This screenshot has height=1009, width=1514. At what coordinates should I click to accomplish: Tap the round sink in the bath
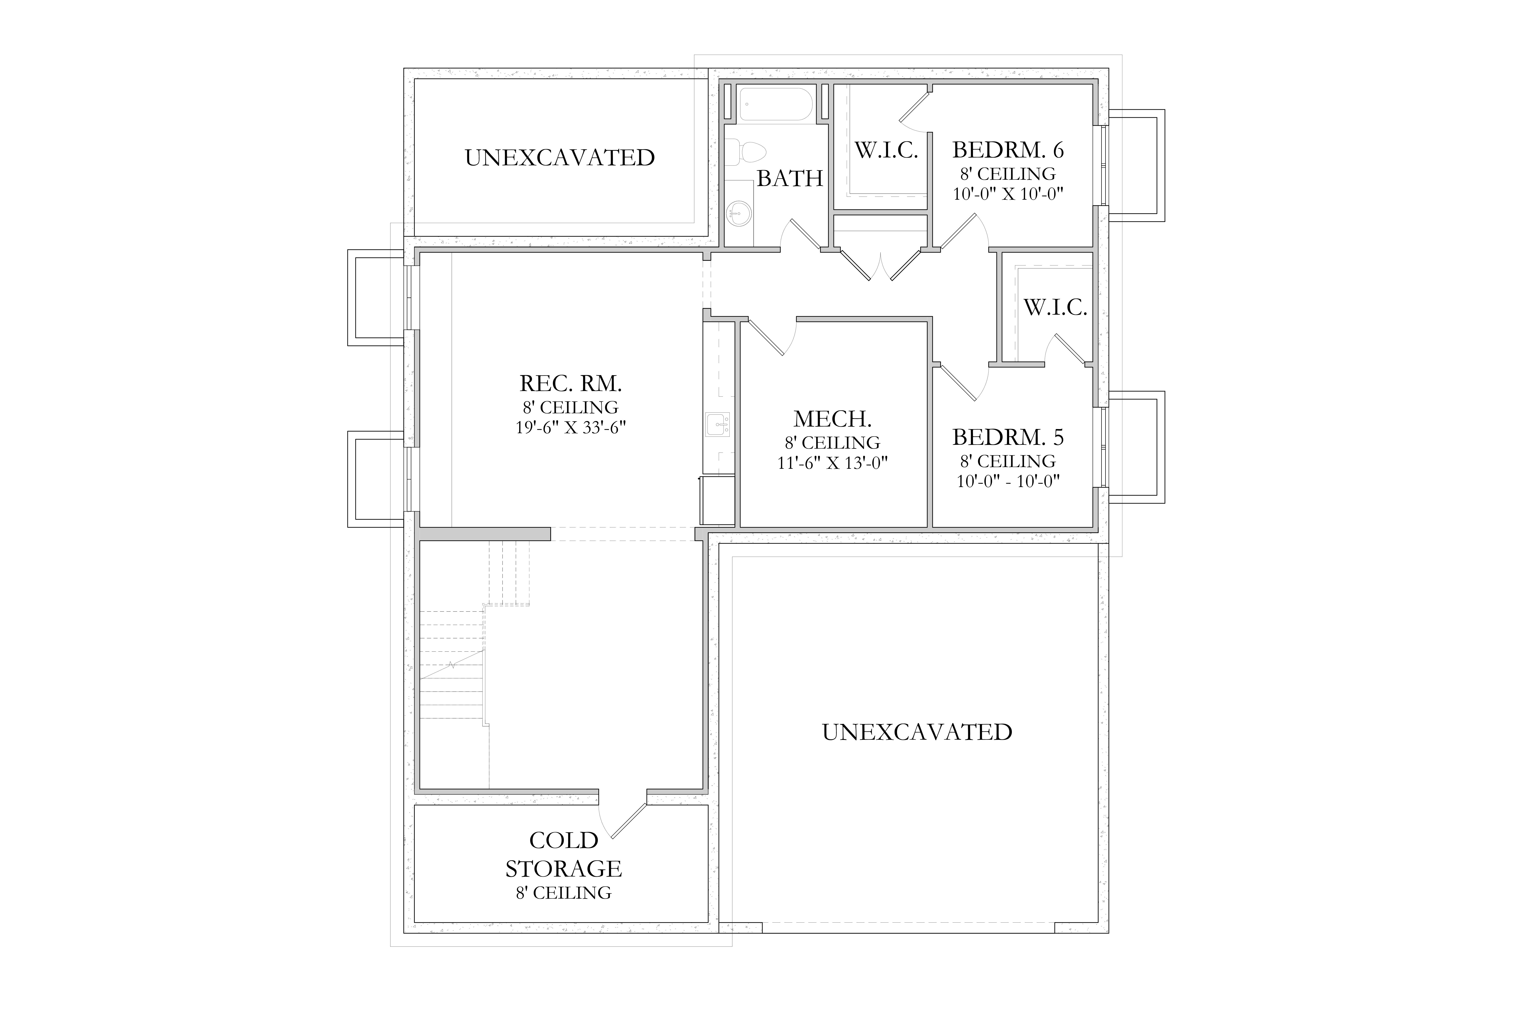click(x=740, y=212)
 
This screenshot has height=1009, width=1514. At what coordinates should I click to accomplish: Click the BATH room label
click(x=790, y=178)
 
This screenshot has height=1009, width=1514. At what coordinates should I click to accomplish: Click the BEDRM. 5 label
click(x=1008, y=438)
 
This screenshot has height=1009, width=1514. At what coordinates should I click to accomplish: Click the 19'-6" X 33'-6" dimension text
click(x=571, y=427)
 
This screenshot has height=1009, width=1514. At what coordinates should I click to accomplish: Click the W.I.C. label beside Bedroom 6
click(x=886, y=151)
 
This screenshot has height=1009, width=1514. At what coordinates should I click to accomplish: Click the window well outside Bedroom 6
click(x=1136, y=165)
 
